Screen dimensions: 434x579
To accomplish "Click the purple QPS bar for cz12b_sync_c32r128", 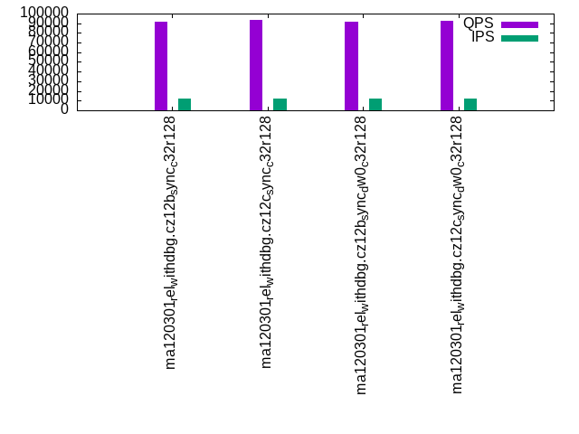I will coord(161,66).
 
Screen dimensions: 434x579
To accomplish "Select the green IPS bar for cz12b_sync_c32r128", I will coord(185,104).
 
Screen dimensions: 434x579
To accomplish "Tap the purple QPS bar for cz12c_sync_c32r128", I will coord(256,65).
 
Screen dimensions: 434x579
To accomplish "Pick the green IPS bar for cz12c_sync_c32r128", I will coord(280,104).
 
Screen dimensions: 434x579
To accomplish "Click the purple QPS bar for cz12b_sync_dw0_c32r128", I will coord(351,66).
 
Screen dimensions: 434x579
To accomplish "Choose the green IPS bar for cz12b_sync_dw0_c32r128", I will coord(375,104).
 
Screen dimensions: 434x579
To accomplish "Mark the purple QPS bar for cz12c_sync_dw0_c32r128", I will coord(447,65).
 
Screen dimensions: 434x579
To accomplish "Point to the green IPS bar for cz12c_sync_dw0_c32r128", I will coord(470,104).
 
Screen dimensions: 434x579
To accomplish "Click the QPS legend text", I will coord(478,24).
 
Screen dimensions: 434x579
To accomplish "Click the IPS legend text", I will coord(482,37).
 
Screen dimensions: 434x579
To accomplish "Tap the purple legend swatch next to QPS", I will coord(519,24).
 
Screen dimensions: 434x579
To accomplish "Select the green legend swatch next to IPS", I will coord(519,38).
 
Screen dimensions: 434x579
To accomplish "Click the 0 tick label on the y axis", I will coord(64,109).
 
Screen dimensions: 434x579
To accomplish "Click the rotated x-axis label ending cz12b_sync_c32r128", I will coord(170,244).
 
